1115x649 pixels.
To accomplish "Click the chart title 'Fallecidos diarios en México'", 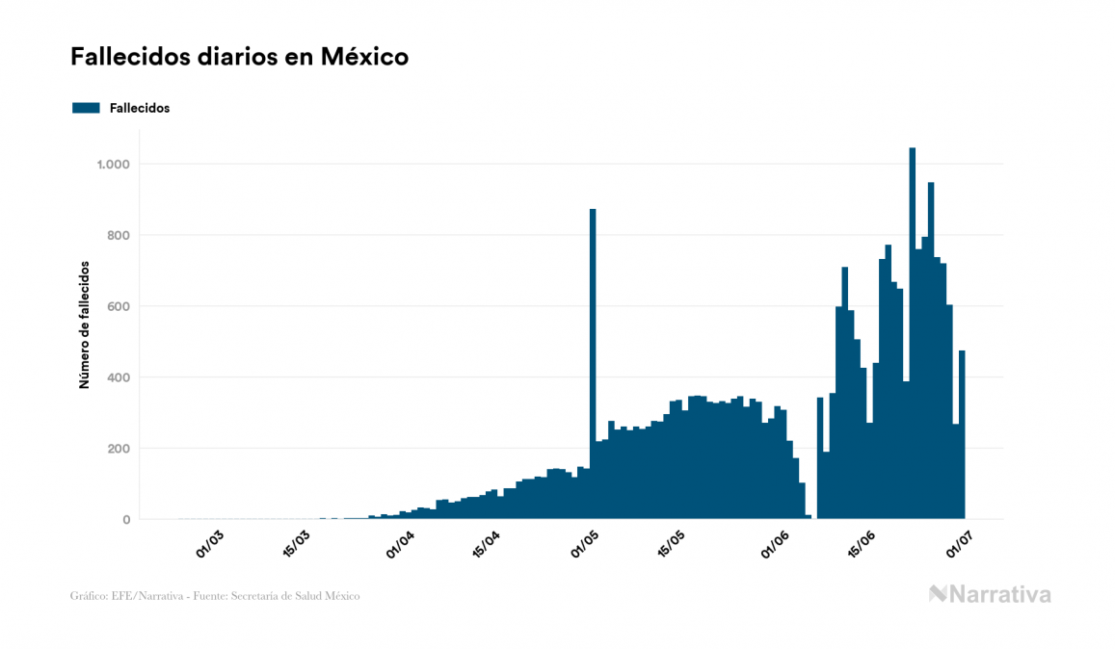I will click(x=239, y=57).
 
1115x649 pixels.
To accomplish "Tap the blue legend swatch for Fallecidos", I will click(x=86, y=108).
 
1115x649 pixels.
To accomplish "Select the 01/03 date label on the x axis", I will click(x=210, y=542).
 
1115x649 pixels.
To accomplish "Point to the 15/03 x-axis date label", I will click(x=296, y=542).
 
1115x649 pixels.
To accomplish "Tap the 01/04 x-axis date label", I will click(x=399, y=542).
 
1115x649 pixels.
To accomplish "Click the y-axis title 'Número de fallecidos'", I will click(x=84, y=324).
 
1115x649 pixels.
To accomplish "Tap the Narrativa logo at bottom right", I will click(x=990, y=594).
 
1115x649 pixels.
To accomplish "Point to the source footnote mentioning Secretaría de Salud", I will click(x=215, y=596).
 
